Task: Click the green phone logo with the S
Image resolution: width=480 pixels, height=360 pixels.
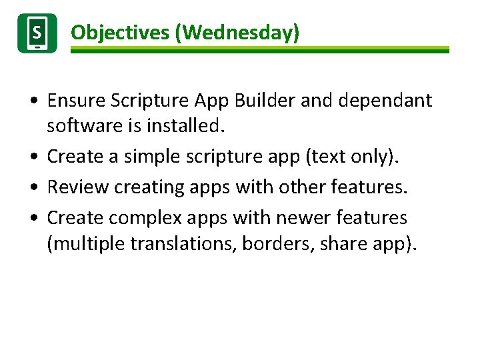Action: coord(37,33)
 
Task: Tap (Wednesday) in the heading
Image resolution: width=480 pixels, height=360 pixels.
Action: coord(237,32)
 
